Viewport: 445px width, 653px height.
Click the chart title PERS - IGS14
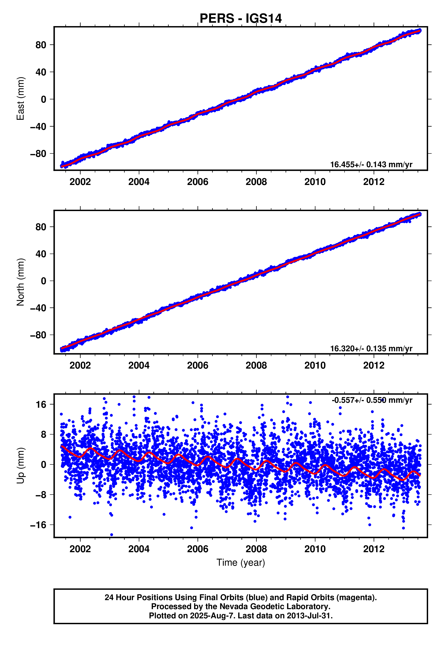click(x=240, y=18)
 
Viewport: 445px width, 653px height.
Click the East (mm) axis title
click(x=20, y=99)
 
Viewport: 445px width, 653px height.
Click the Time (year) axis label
click(x=241, y=563)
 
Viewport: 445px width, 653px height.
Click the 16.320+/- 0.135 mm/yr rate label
click(x=371, y=349)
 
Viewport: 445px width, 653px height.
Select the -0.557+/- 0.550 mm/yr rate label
click(x=372, y=400)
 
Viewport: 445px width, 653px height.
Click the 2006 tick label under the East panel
click(x=198, y=182)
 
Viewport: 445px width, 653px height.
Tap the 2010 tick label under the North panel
click(x=315, y=366)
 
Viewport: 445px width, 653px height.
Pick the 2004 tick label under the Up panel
click(x=139, y=549)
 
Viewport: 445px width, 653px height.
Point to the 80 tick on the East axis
click(x=41, y=45)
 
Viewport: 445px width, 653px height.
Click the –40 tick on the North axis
click(x=38, y=308)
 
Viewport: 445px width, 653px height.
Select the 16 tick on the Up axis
click(x=41, y=405)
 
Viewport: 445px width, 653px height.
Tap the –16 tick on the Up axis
click(x=38, y=525)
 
